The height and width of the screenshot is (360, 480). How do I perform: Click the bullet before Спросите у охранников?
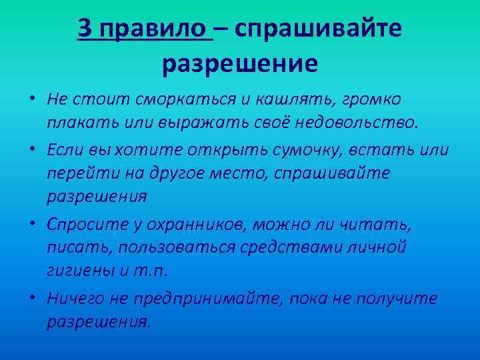coord(32,223)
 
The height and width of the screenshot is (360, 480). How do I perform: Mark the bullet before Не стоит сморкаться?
coord(32,99)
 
